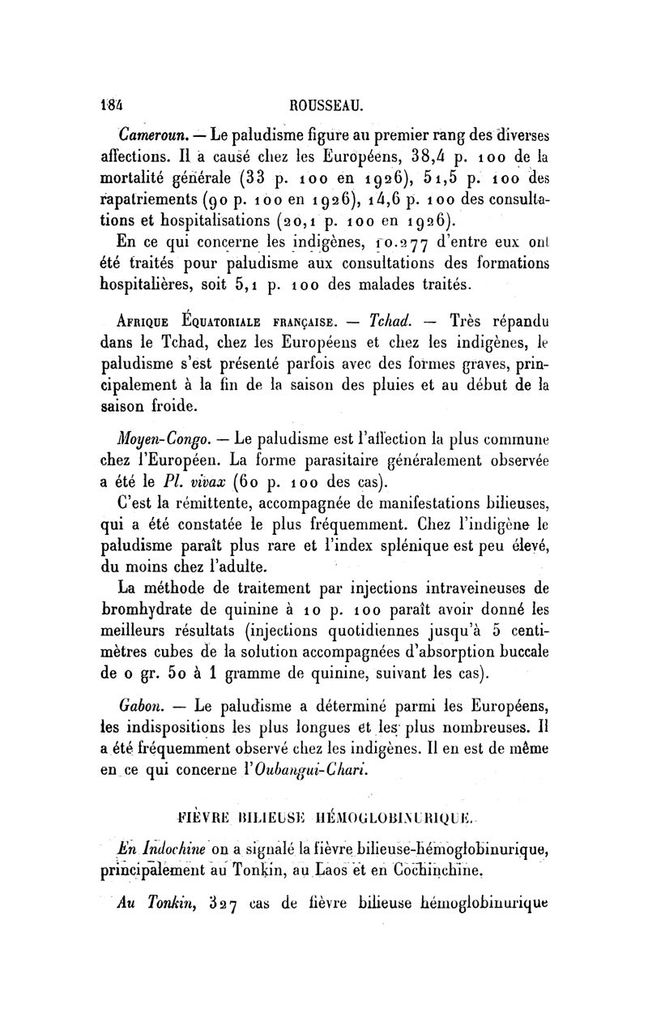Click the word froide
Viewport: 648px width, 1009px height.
(194, 404)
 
